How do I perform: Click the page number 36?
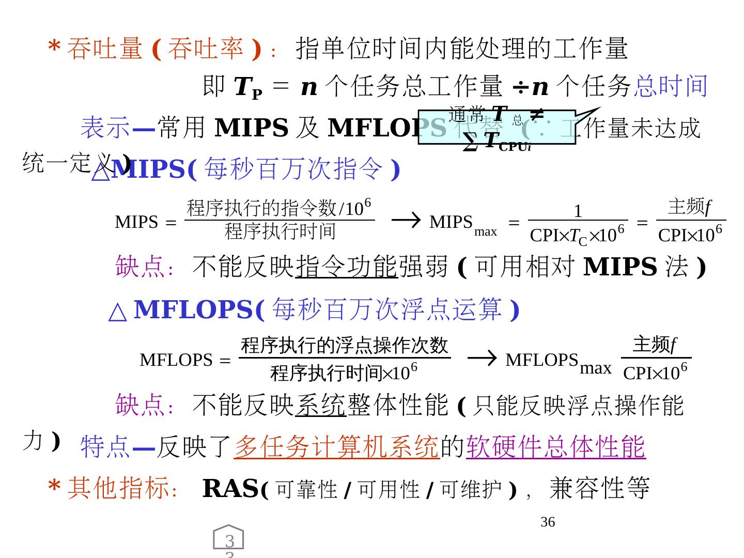(x=547, y=522)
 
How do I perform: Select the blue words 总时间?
(x=670, y=86)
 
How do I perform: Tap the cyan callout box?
(x=496, y=127)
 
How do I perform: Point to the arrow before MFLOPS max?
(x=482, y=358)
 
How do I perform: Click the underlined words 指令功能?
(x=346, y=267)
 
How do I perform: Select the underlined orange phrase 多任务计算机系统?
(x=336, y=446)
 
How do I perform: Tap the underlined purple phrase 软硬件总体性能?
(x=555, y=446)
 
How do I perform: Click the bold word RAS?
(x=230, y=488)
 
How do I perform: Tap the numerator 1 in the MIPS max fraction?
(x=578, y=211)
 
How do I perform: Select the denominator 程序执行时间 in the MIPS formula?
(x=280, y=231)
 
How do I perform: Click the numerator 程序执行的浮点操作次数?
(x=344, y=345)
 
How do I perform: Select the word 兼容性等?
(x=599, y=488)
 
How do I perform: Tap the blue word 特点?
(x=105, y=446)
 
